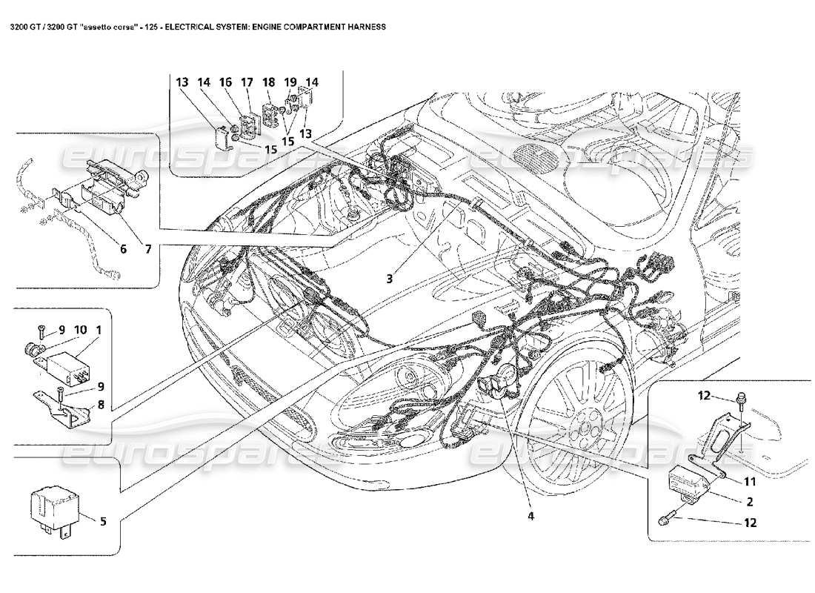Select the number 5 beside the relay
102,521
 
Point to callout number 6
124,250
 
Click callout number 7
148,250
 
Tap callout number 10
81,329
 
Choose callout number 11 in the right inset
749,480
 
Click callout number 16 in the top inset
225,83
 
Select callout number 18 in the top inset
268,83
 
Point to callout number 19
290,83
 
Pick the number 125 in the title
148,26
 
